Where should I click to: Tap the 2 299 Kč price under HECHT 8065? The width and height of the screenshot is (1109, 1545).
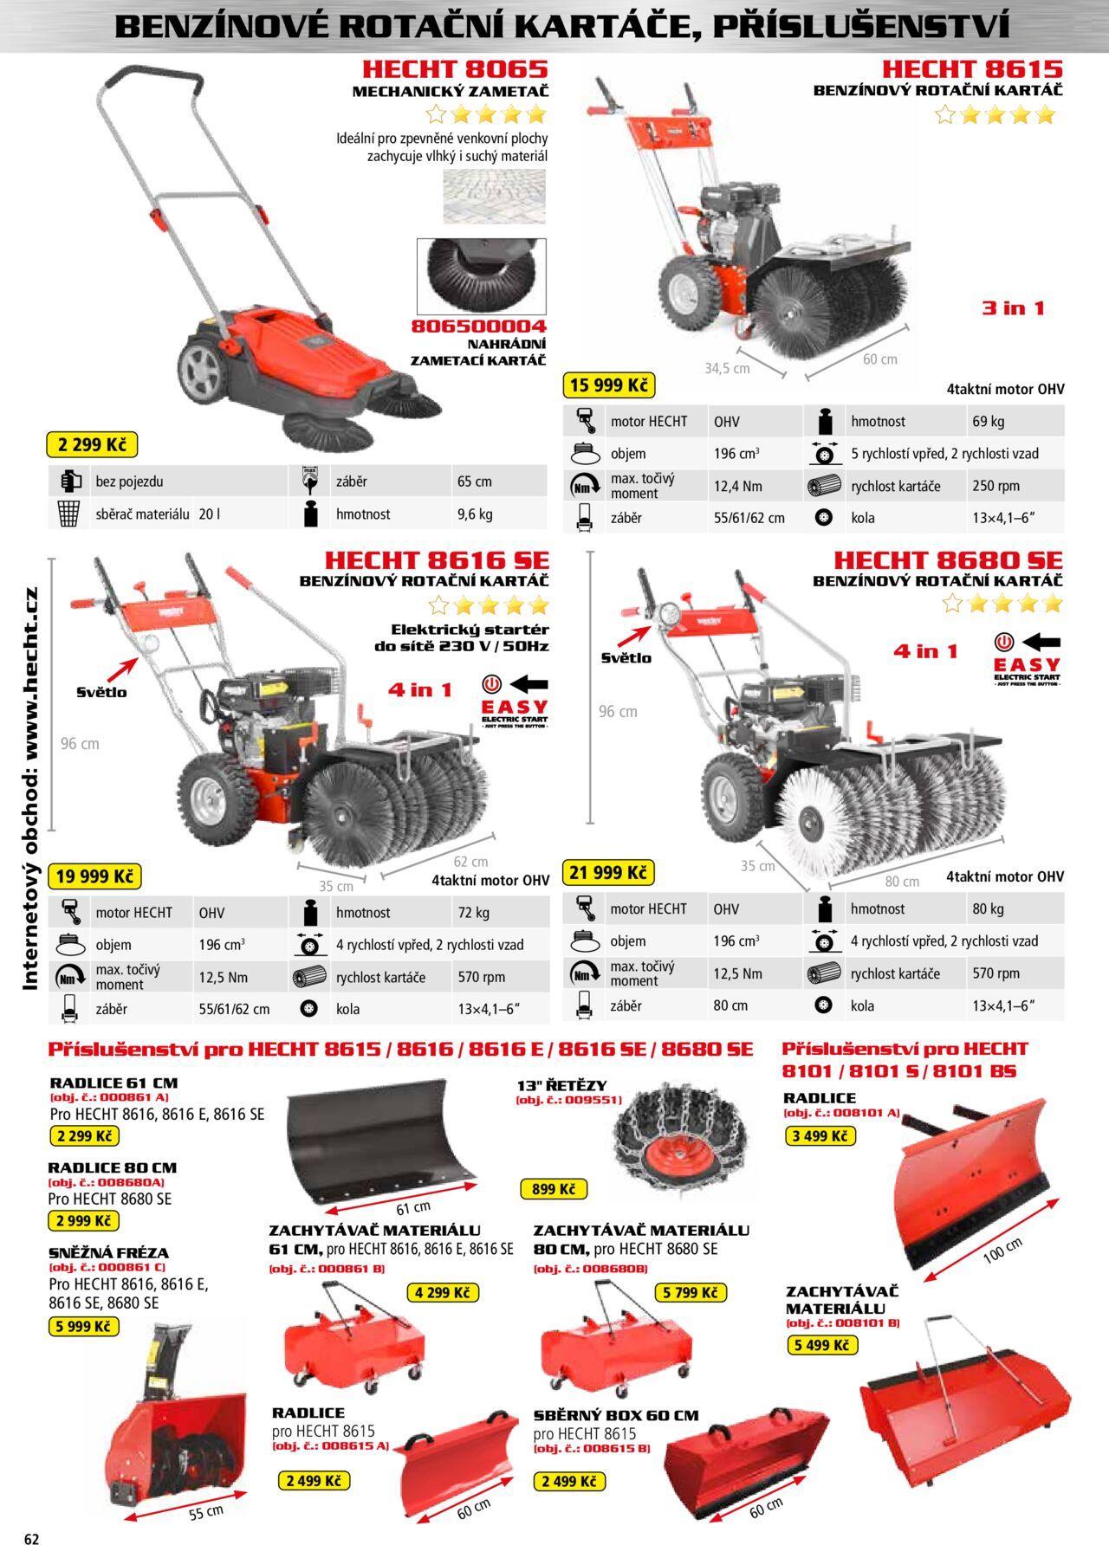91,445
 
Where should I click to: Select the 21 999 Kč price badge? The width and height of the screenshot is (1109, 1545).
608,872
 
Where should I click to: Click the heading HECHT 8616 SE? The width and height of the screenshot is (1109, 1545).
437,560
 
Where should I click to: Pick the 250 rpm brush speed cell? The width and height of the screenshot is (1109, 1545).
996,486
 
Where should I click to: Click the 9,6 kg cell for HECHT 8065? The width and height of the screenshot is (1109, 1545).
475,514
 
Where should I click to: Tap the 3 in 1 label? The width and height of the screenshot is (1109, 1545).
1013,307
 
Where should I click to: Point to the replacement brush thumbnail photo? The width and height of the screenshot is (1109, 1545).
482,277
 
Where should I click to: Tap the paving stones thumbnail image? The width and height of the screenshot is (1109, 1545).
495,197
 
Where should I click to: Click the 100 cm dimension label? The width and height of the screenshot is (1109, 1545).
1002,1251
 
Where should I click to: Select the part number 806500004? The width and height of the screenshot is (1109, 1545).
479,326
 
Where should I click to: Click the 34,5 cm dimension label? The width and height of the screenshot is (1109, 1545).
727,369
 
